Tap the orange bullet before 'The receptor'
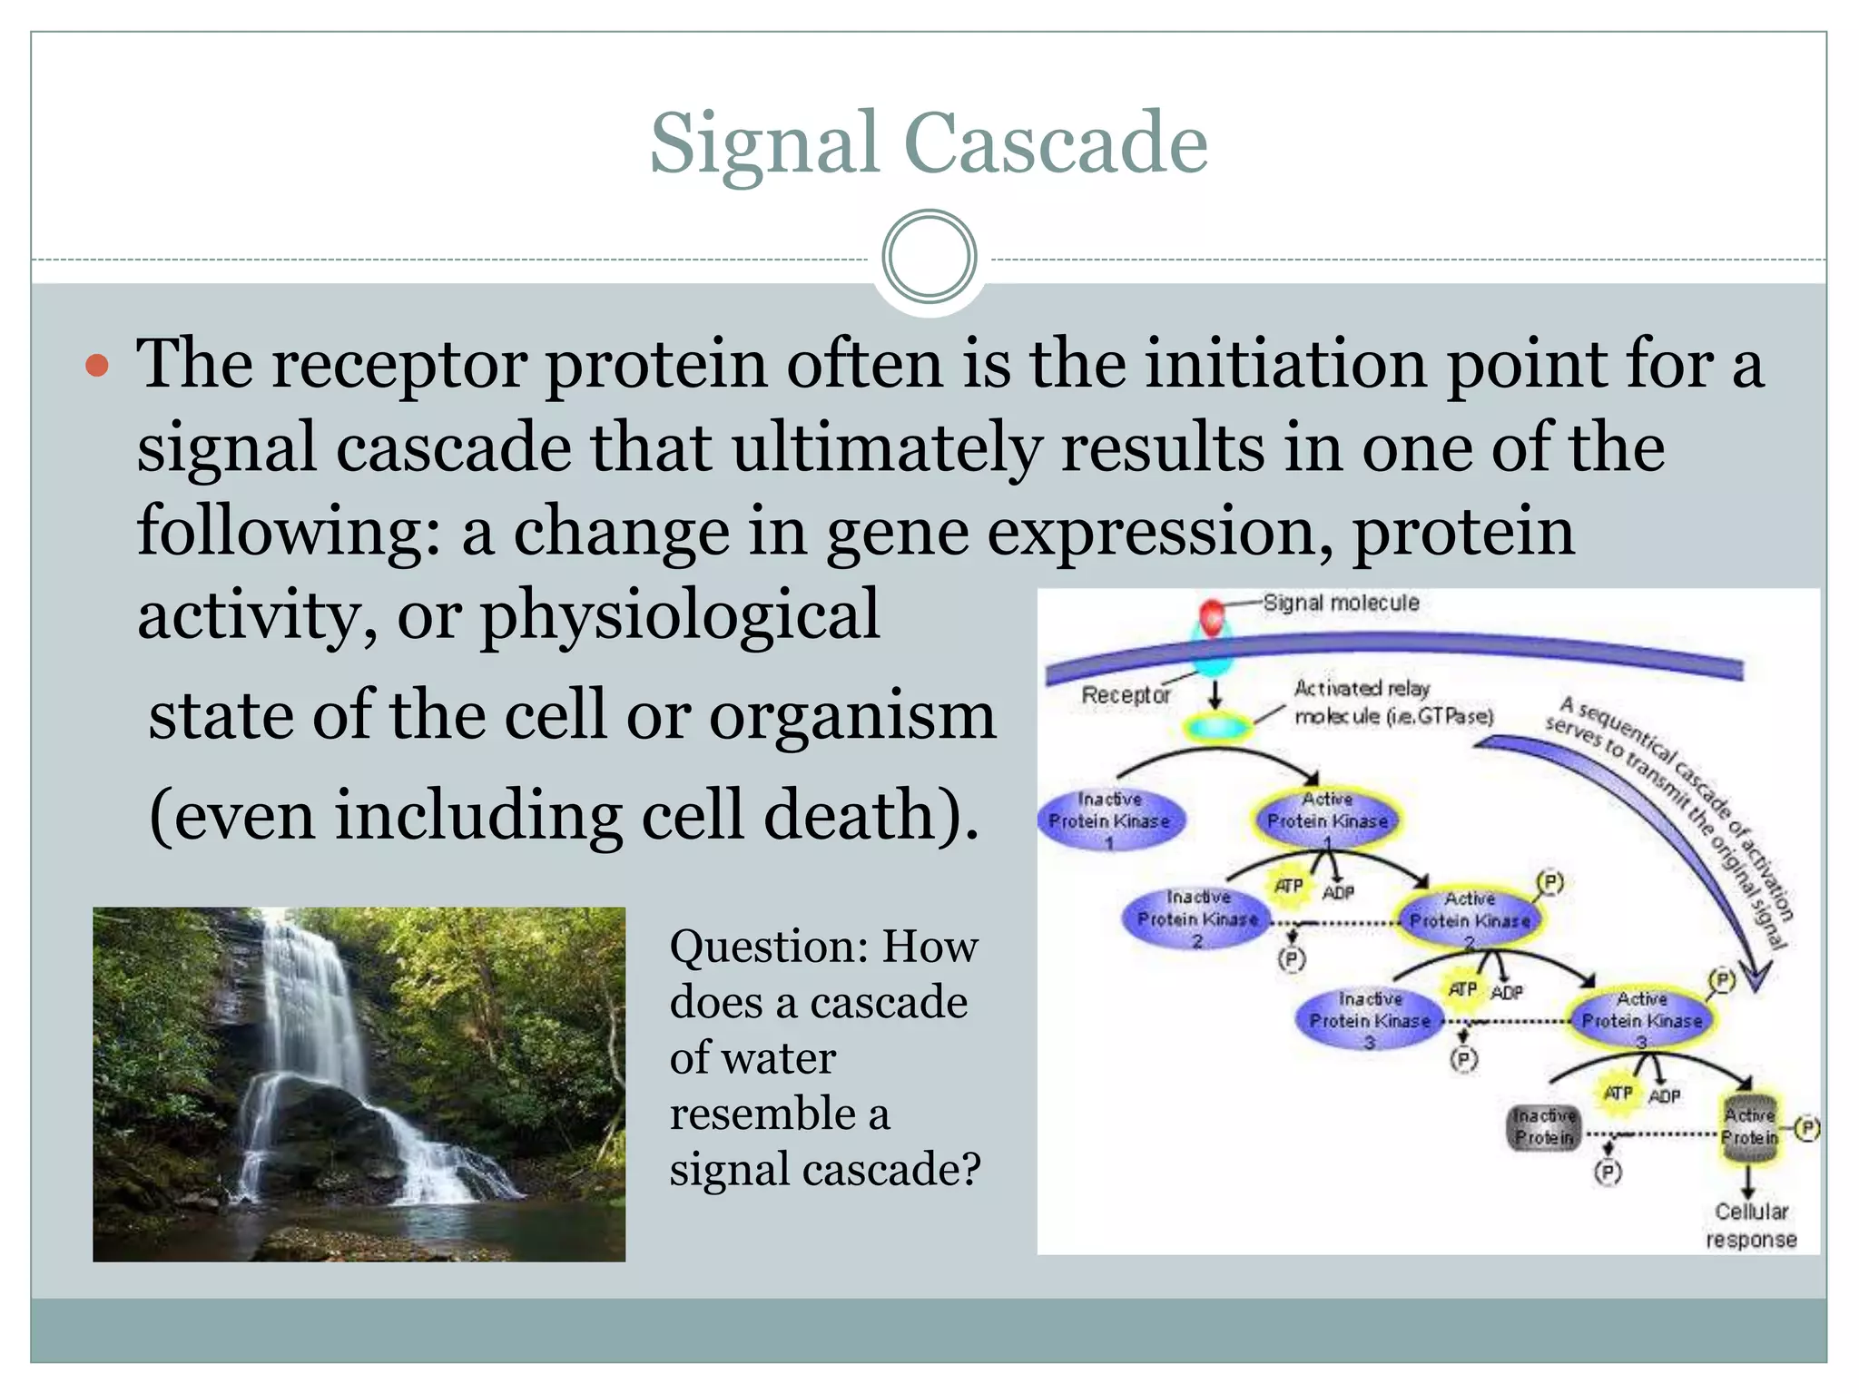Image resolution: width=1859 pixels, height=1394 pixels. click(x=97, y=366)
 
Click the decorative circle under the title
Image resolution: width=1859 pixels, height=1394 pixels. click(x=929, y=256)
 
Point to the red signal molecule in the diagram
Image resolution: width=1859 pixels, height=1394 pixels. click(x=1212, y=618)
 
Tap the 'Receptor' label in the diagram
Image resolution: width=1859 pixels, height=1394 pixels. click(x=1126, y=695)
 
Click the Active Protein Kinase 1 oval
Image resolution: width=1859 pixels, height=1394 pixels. click(x=1327, y=820)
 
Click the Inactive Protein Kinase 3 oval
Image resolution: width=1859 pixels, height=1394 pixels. click(x=1369, y=1019)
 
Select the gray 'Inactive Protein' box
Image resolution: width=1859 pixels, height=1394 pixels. click(x=1544, y=1126)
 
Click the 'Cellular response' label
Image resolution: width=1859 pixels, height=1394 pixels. click(x=1751, y=1225)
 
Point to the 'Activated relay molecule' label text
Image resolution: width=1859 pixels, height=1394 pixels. click(x=1392, y=702)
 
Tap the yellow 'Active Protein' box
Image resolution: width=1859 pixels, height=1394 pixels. click(x=1750, y=1126)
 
